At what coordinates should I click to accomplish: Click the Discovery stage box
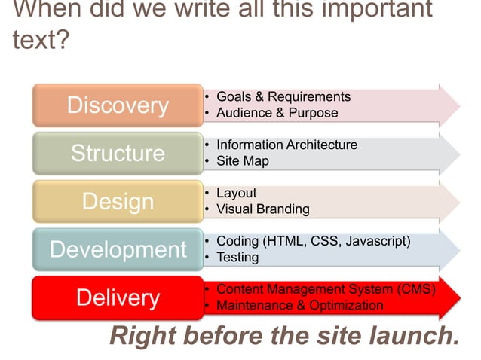(x=118, y=105)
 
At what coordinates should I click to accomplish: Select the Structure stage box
(x=118, y=153)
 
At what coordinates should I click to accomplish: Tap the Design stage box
(x=118, y=201)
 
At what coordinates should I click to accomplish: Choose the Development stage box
(x=118, y=249)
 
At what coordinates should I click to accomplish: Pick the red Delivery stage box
(x=118, y=297)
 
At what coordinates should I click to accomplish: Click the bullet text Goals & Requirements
(x=283, y=97)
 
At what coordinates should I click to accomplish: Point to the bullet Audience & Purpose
(x=277, y=113)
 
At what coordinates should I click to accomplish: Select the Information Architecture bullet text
(x=286, y=145)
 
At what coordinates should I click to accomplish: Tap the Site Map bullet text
(x=242, y=161)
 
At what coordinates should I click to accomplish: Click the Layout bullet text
(x=236, y=193)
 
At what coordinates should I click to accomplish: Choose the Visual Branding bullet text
(x=262, y=209)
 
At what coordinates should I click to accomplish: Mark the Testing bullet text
(x=237, y=258)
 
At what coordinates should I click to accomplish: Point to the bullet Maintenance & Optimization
(x=299, y=306)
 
